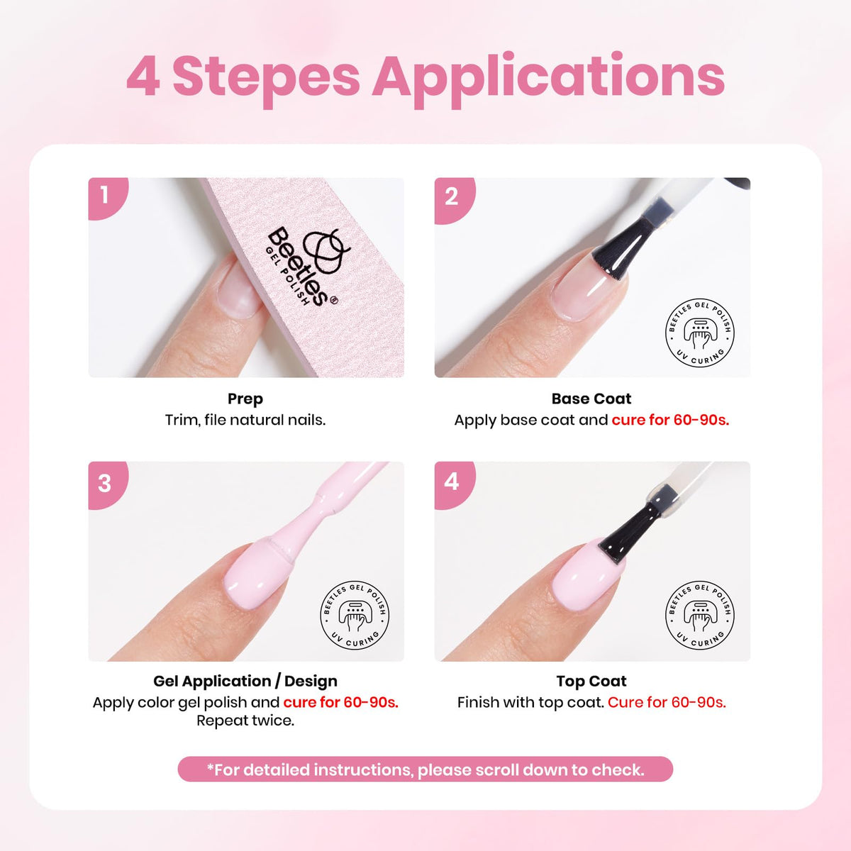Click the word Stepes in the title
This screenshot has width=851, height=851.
coord(267,78)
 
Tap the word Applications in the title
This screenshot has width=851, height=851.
coord(548,79)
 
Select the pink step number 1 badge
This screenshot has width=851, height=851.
coord(108,198)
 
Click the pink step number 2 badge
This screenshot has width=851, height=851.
coord(455,199)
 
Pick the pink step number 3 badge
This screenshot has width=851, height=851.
coord(108,484)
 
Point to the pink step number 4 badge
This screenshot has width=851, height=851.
coord(455,484)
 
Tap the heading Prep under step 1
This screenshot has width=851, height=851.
coord(245,399)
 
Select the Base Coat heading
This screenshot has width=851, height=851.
coord(591,399)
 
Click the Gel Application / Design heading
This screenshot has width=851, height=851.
coord(245,682)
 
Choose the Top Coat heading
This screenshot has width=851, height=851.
coord(591,682)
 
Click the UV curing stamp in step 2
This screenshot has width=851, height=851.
coord(699,332)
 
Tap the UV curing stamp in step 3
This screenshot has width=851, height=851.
coord(355,615)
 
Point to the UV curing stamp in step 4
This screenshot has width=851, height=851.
coord(699,615)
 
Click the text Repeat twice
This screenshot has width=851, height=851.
coord(245,721)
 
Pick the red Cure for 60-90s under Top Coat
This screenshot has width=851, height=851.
coord(667,702)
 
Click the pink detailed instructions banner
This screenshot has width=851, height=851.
coord(425,769)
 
